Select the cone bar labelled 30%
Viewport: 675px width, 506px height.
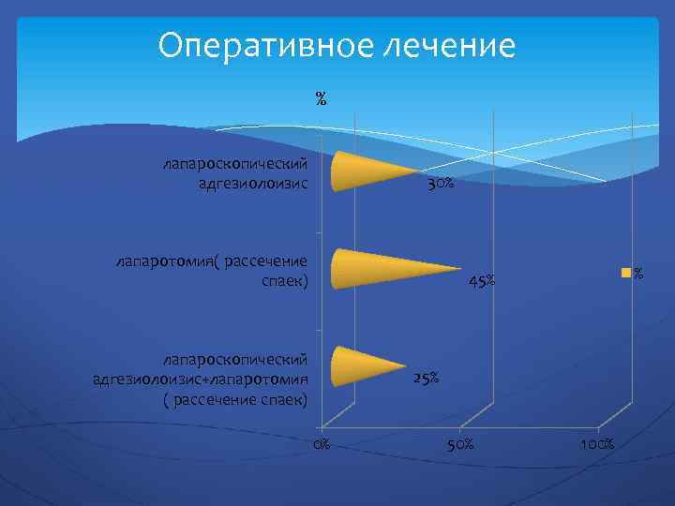366,171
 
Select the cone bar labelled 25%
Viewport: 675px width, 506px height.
361,365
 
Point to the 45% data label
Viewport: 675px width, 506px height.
482,281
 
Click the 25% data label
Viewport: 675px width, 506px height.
426,379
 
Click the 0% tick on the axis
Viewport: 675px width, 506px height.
322,443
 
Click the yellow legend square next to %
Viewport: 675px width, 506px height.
624,274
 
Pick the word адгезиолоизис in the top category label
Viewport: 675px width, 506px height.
252,182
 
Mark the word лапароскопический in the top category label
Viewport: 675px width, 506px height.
235,163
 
